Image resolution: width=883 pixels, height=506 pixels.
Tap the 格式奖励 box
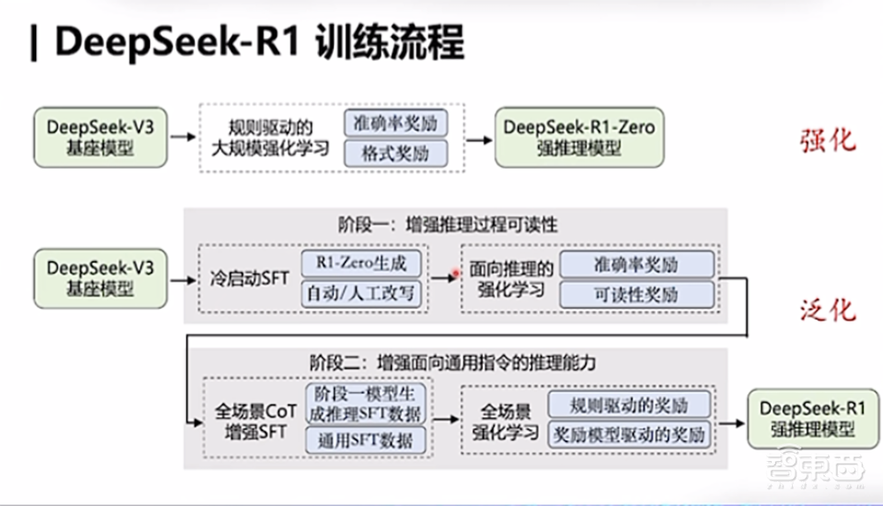(x=396, y=153)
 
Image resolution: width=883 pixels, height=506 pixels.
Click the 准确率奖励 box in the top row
(x=396, y=121)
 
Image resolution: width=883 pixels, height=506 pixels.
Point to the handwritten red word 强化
(x=827, y=140)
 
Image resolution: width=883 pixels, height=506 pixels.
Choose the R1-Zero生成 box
(x=361, y=262)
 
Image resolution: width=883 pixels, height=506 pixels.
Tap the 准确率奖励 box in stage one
(x=637, y=263)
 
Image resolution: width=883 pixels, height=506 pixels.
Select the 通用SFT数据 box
(x=366, y=439)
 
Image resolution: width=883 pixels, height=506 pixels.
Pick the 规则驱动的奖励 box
(x=630, y=404)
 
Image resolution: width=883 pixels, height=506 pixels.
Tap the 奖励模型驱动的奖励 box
(x=630, y=434)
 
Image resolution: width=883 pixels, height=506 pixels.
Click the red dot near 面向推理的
(x=456, y=275)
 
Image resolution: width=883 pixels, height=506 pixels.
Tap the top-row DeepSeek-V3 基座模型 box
(x=100, y=137)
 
